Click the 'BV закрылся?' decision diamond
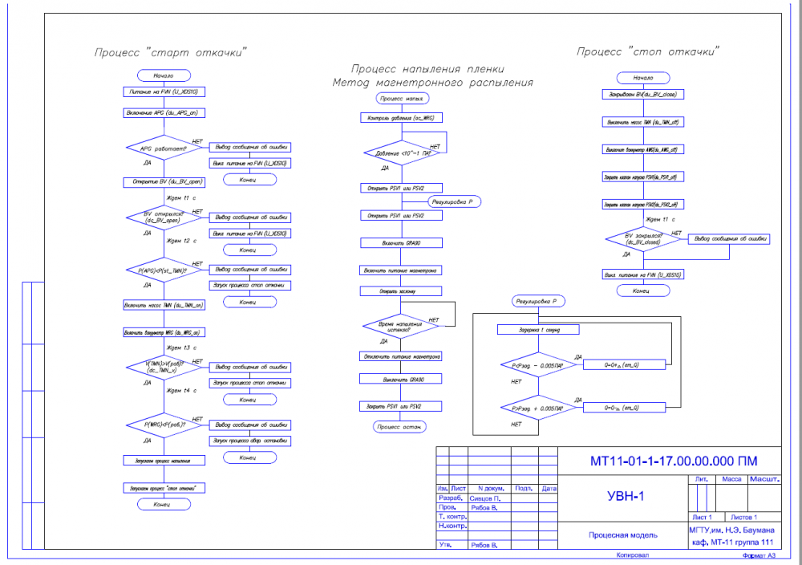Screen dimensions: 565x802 coord(643,238)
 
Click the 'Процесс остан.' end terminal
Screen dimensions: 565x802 coord(402,427)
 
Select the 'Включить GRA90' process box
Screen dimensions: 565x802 coord(402,242)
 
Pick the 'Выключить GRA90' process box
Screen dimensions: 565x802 coord(402,379)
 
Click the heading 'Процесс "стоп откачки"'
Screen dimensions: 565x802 coord(648,51)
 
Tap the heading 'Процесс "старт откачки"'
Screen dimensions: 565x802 coord(170,53)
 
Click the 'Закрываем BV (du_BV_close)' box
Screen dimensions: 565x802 coord(643,95)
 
